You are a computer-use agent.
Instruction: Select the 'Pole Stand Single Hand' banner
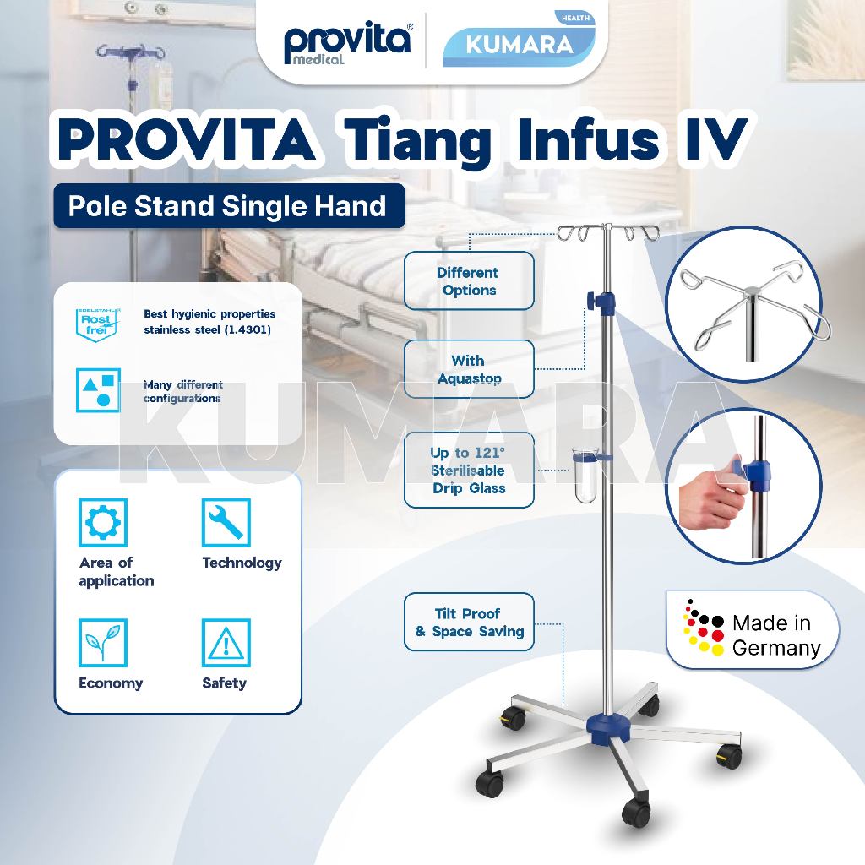click(x=228, y=205)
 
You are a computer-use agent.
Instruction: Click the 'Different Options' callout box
click(x=468, y=281)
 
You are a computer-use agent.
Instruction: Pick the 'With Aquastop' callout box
click(x=468, y=369)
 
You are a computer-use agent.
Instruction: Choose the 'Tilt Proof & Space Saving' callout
click(x=469, y=623)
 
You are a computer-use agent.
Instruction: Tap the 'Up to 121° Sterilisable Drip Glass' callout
click(x=468, y=471)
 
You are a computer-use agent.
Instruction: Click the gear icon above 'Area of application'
click(x=102, y=523)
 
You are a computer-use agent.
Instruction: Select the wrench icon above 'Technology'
click(x=226, y=523)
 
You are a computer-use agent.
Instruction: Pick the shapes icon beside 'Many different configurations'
click(x=97, y=389)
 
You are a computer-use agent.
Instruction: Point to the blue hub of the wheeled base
click(x=606, y=724)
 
